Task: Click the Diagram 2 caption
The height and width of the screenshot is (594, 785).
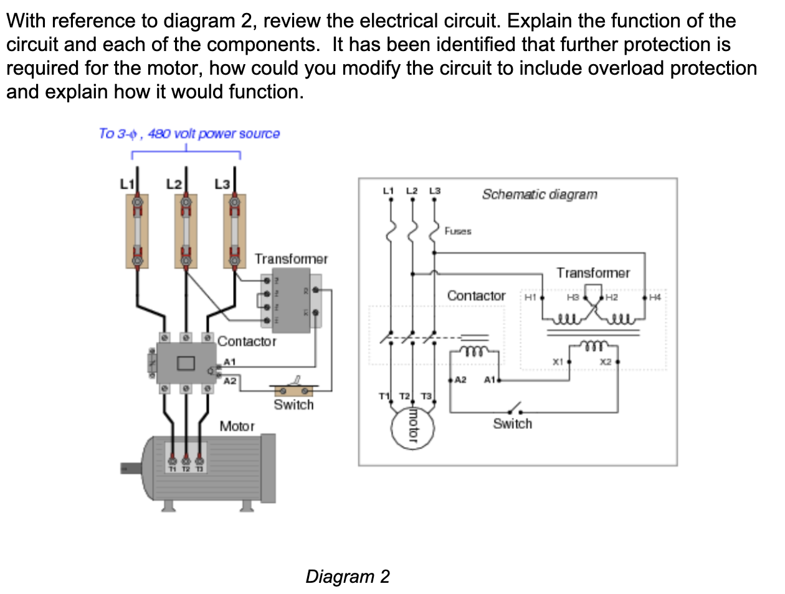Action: click(x=347, y=576)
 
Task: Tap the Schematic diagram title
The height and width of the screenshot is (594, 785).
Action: click(x=539, y=194)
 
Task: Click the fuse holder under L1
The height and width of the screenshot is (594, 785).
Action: click(x=137, y=231)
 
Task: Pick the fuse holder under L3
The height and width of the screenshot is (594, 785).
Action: click(x=234, y=231)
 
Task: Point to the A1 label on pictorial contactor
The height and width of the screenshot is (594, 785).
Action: click(x=229, y=362)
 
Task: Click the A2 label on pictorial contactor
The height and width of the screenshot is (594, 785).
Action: click(x=229, y=380)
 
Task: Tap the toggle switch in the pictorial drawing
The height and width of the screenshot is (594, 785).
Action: click(x=293, y=390)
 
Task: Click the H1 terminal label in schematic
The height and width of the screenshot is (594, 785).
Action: click(x=530, y=298)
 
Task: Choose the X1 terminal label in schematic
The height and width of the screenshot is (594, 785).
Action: click(x=558, y=361)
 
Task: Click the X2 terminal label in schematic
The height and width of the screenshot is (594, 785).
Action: click(x=606, y=361)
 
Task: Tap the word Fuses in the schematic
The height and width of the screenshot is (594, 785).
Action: click(x=458, y=231)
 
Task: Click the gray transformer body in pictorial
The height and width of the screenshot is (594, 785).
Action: click(x=291, y=301)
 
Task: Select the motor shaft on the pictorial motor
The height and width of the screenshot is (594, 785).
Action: click(x=131, y=467)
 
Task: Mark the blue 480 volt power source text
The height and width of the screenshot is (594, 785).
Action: click(x=189, y=133)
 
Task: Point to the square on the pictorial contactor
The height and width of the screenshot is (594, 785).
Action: click(x=185, y=362)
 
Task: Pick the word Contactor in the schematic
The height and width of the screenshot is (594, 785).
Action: click(x=476, y=296)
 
